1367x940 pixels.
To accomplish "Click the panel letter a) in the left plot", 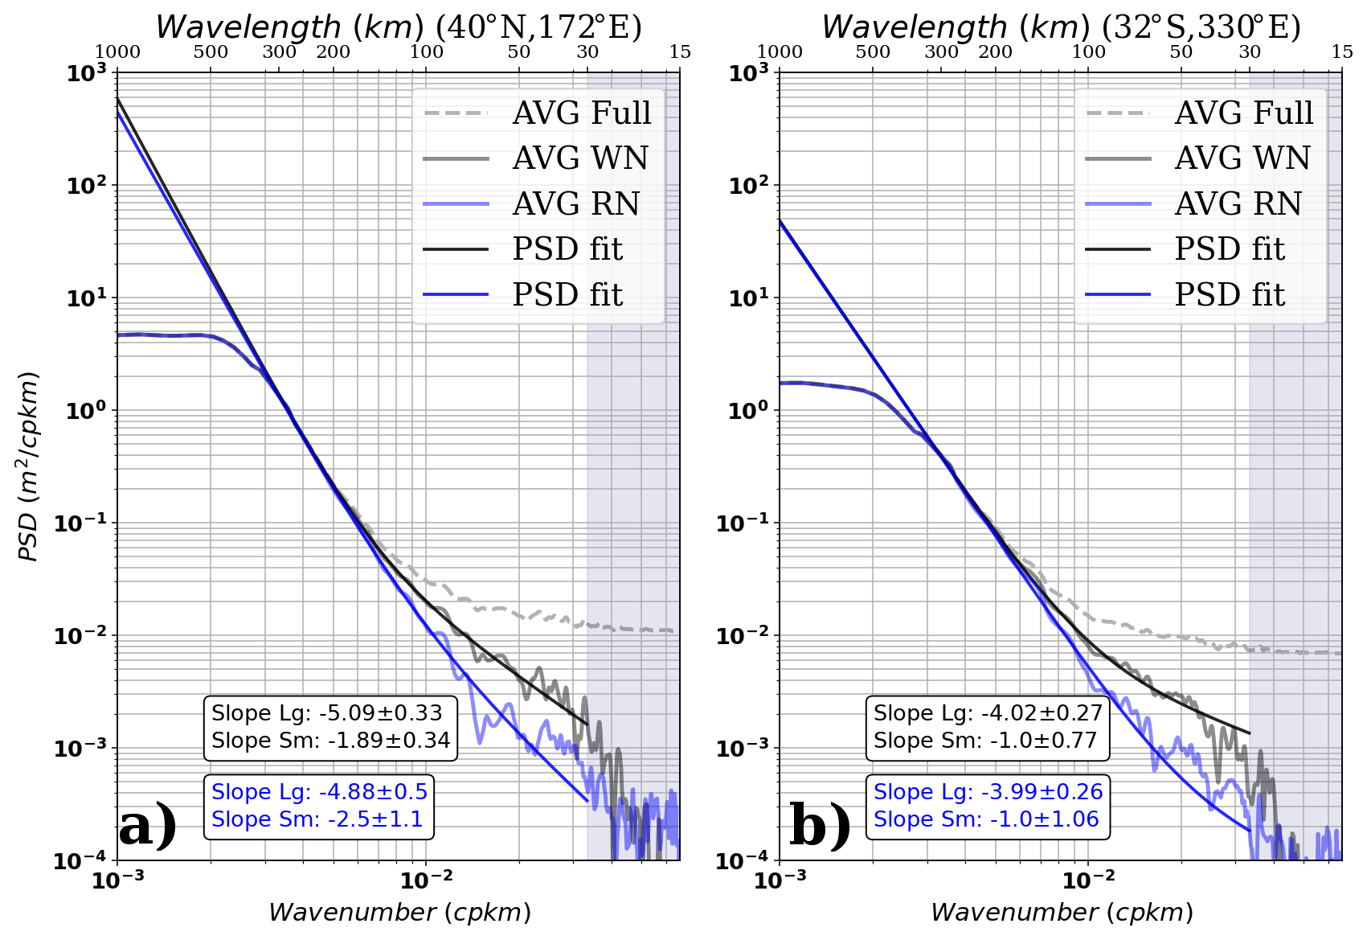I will [148, 825].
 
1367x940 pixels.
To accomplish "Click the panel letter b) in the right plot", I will [820, 825].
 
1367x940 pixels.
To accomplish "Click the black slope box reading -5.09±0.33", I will [330, 727].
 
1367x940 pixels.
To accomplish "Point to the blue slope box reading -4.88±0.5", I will [319, 806].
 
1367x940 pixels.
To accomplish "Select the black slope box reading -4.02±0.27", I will [988, 727].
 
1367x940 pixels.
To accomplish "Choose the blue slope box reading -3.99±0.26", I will [988, 806].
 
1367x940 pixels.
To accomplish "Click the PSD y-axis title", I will [29, 466].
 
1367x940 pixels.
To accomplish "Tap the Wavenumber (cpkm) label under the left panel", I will [399, 913].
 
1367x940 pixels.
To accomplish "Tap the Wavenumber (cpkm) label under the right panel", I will [1062, 913].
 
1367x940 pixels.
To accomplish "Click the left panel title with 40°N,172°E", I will [399, 27].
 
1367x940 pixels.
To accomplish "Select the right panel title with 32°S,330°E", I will [1061, 27].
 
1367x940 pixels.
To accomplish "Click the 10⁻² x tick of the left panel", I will [426, 880].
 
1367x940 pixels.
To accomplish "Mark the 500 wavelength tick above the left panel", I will [211, 51].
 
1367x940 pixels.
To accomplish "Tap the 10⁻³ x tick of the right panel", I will [780, 880].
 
